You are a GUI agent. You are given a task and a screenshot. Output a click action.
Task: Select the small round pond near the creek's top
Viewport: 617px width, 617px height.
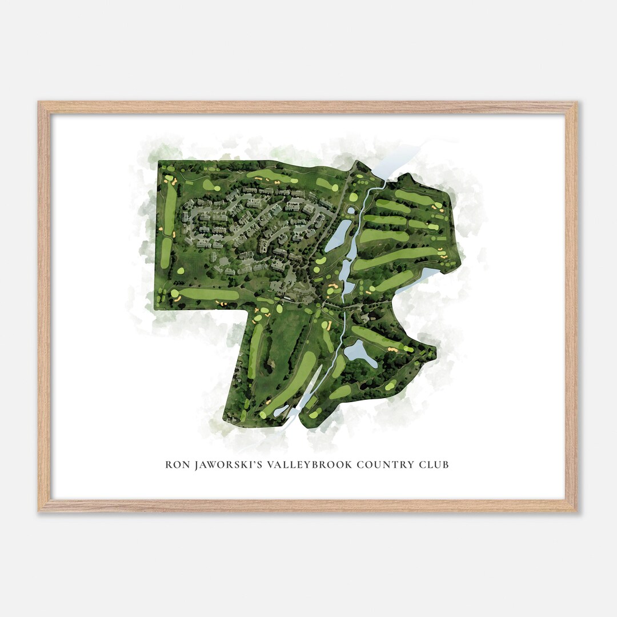350,211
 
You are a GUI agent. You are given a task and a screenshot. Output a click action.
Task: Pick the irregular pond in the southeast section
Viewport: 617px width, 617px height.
359,352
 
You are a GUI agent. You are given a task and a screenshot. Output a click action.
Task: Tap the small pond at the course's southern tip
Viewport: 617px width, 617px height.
281,411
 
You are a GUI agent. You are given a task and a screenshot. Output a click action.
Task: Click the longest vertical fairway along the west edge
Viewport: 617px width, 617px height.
170,209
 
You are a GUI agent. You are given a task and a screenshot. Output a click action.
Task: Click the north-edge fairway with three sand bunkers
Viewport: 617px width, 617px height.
269,175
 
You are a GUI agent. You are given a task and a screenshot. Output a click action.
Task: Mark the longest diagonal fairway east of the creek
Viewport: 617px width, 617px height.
394,258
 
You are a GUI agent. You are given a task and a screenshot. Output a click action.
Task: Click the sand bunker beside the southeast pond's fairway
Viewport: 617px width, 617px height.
391,348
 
